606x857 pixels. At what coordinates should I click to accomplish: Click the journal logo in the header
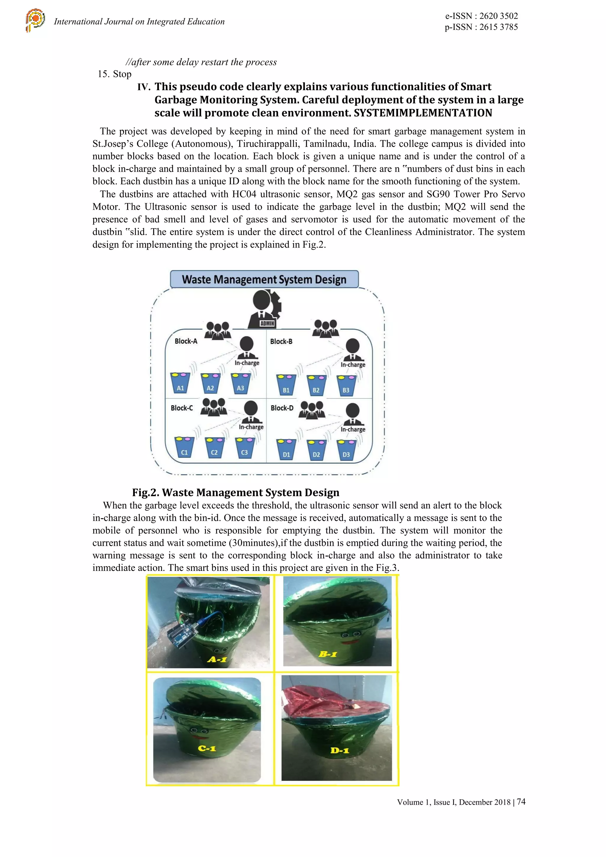click(36, 20)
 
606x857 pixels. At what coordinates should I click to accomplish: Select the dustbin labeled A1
click(180, 383)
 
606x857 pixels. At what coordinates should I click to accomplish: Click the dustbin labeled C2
click(214, 448)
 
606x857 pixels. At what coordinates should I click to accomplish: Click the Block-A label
click(186, 341)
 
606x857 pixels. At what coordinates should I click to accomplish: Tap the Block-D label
click(282, 408)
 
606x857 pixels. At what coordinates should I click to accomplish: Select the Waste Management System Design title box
click(264, 280)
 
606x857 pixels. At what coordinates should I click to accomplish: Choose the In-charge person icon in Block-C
click(251, 412)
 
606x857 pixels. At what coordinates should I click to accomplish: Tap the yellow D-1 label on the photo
click(339, 750)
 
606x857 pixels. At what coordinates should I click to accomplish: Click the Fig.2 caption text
click(236, 493)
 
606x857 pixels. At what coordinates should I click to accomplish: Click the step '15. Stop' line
click(115, 74)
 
